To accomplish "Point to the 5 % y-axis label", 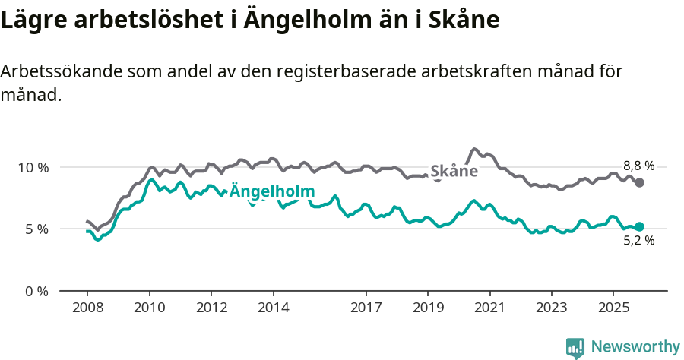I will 37,229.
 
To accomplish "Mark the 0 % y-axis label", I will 37,291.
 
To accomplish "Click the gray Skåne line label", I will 454,172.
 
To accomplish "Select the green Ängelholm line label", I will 271,191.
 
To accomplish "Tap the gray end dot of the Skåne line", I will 640,182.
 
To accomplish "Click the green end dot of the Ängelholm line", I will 640,226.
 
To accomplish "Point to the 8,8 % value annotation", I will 638,166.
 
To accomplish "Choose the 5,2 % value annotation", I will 638,241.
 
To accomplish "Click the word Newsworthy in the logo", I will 635,347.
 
